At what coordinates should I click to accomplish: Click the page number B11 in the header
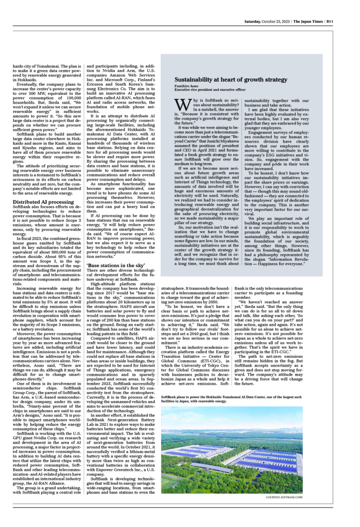coord(329,21)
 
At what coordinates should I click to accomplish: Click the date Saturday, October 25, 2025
coord(267,21)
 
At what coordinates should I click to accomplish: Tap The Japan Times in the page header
coord(308,21)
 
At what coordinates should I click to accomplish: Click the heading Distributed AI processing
coord(43,202)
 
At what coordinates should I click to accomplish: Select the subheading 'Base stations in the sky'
coord(116,265)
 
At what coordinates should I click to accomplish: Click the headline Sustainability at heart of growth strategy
coord(231,79)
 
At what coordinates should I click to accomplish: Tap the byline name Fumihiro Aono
coord(186,86)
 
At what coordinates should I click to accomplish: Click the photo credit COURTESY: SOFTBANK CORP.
coord(284,497)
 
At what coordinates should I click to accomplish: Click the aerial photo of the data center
coord(232,450)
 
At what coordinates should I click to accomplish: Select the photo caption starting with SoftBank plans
coord(231,399)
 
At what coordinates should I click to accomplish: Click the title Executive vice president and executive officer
coord(210,90)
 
